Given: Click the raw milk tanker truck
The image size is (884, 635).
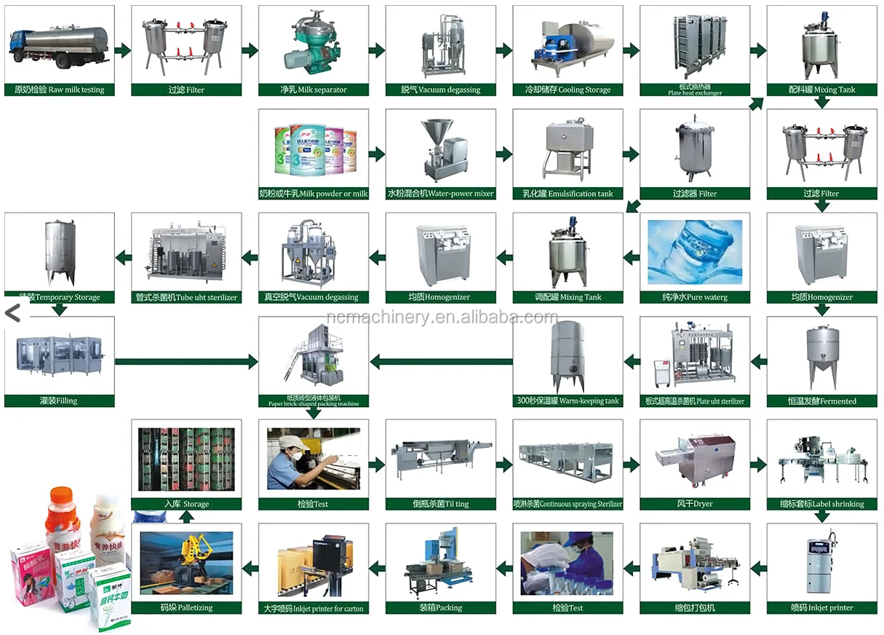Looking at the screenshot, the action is coord(58,44).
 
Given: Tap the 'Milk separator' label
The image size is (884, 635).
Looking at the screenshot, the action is coord(314,90).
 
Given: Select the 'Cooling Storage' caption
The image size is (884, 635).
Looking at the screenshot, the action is coord(568,90).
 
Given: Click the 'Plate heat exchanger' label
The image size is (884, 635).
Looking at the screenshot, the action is coord(695,90).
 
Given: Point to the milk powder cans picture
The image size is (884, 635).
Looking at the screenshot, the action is coord(314,151).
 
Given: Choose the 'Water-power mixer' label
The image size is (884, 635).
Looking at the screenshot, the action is coord(440,194).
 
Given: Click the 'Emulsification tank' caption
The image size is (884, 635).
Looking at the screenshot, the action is coord(568,194).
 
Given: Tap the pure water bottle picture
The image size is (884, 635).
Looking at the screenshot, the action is coord(695,251).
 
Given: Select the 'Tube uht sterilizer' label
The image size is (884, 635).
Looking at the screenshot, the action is coord(186,297).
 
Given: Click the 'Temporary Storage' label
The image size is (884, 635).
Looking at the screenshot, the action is coord(59,297).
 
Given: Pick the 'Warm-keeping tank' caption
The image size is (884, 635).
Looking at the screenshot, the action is coord(568,401).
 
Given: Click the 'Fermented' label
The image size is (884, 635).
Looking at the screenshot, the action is coord(822,401).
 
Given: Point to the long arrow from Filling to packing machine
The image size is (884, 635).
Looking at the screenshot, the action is coord(186,360).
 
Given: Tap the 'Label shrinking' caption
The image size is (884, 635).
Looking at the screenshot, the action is coord(822,504).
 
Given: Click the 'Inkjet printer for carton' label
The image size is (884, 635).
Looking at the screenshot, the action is coord(314,608).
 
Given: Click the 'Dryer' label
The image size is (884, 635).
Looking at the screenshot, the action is coord(695,504).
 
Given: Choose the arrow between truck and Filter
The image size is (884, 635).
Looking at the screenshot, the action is coord(122,50).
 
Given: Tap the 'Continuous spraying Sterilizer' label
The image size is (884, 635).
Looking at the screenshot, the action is coord(568,504).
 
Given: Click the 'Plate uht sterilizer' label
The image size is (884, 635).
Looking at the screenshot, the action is coord(695,401).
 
